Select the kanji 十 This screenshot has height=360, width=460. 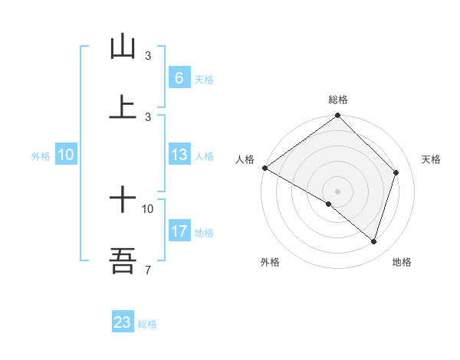[x=123, y=200]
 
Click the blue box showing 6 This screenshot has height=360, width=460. [x=179, y=78]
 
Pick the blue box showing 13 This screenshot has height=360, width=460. [x=179, y=155]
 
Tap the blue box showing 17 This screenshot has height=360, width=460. [x=179, y=231]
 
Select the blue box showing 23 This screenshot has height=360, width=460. [x=123, y=322]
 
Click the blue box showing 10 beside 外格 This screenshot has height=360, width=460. [x=66, y=155]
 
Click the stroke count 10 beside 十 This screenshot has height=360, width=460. [x=148, y=208]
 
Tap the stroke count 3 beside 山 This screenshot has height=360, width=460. [x=148, y=56]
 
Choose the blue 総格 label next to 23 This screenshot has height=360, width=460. [x=148, y=323]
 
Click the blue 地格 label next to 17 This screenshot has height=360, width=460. [x=204, y=232]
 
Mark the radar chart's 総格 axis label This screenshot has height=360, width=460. [x=338, y=100]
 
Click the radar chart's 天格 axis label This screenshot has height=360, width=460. [x=432, y=159]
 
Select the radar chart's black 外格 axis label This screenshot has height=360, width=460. [x=270, y=262]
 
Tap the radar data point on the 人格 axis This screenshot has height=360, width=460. [x=264, y=168]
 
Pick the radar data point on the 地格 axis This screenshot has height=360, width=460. [x=373, y=241]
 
